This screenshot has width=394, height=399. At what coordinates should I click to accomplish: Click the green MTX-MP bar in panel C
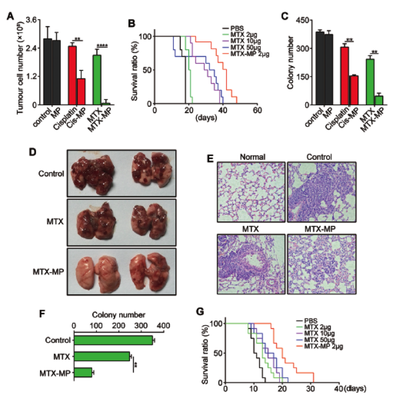pos(378,100)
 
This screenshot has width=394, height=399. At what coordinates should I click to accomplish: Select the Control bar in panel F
pos(113,340)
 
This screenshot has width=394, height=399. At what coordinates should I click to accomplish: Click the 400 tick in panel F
pos(163,325)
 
